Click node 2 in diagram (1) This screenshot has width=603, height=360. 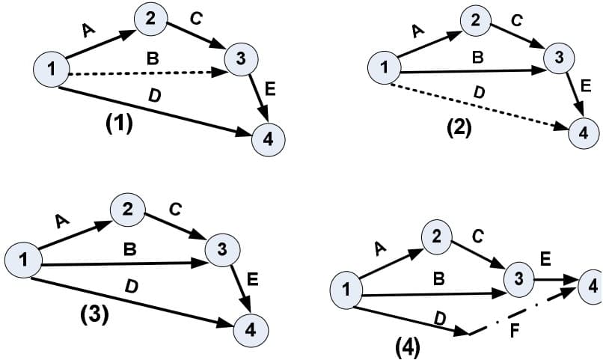tap(151, 19)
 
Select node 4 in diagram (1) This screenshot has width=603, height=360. tap(268, 140)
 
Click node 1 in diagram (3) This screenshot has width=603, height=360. tap(23, 260)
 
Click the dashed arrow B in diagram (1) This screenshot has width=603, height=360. tap(150, 73)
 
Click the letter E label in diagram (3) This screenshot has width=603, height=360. tap(253, 281)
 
